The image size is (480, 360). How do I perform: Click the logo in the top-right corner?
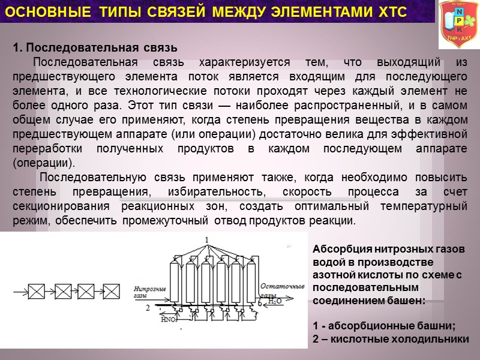(459, 23)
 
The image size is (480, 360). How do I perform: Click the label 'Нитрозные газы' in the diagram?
(149, 292)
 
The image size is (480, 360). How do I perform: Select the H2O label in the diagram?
(275, 302)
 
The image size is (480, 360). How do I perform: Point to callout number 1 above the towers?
(207, 240)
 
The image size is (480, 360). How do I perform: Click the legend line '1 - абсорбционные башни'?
(385, 326)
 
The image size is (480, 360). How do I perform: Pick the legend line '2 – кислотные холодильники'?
(391, 339)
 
